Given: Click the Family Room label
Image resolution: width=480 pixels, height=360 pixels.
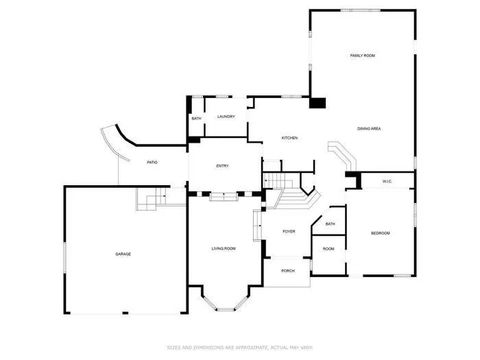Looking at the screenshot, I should (x=362, y=55).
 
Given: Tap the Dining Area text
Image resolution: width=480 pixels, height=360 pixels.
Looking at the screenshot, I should (x=369, y=128).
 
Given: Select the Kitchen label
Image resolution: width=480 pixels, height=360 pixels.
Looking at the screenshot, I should (x=289, y=137).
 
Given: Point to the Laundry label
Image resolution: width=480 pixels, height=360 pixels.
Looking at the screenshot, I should (x=226, y=117).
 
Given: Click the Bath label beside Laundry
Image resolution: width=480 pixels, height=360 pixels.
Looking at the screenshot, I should (x=196, y=119).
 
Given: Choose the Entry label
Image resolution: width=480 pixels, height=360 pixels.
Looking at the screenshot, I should (x=223, y=166).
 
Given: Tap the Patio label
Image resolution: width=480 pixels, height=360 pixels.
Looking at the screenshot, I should (x=152, y=162).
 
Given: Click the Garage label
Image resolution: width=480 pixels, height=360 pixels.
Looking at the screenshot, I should (x=122, y=254).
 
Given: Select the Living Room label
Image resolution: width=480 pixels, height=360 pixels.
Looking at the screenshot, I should (x=223, y=248).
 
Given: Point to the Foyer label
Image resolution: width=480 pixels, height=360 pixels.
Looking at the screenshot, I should (x=288, y=232).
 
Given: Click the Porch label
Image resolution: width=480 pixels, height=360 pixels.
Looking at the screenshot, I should (x=287, y=270).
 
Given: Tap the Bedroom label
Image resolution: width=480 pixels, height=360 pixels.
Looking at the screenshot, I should (x=380, y=234).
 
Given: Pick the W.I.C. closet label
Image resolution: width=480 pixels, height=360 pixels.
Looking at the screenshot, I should (x=388, y=181).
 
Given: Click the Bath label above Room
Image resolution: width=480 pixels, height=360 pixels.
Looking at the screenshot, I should (x=330, y=224).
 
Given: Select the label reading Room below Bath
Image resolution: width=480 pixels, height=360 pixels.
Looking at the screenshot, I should (x=328, y=249).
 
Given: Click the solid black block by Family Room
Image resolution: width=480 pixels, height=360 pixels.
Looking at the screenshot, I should (x=318, y=101).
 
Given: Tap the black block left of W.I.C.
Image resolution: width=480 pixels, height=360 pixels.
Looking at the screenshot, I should (x=353, y=179).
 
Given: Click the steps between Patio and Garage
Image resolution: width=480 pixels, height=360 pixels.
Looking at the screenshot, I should (x=151, y=203).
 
